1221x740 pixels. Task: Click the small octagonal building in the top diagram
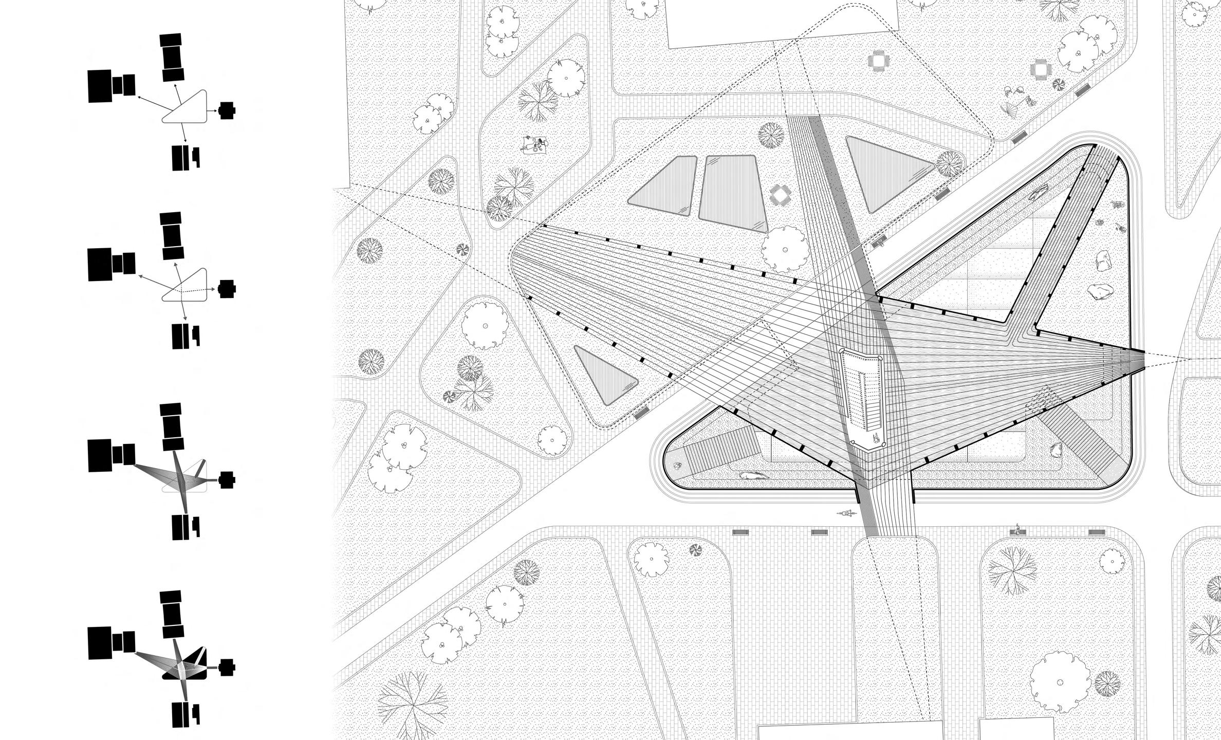click(227, 109)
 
